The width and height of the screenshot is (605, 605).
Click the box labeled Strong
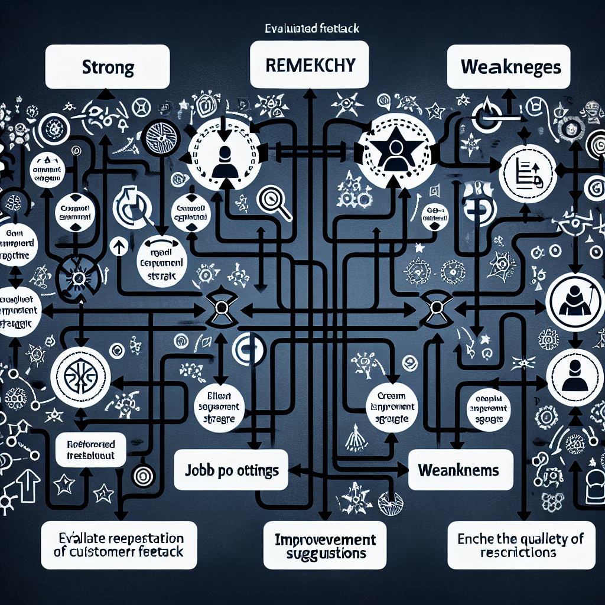coord(108,67)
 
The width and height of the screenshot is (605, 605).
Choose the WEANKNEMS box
coord(458,471)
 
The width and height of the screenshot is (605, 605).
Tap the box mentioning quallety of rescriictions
coord(520,545)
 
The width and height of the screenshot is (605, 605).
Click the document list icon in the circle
coord(528,173)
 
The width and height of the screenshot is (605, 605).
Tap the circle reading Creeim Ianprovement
coord(392,406)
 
